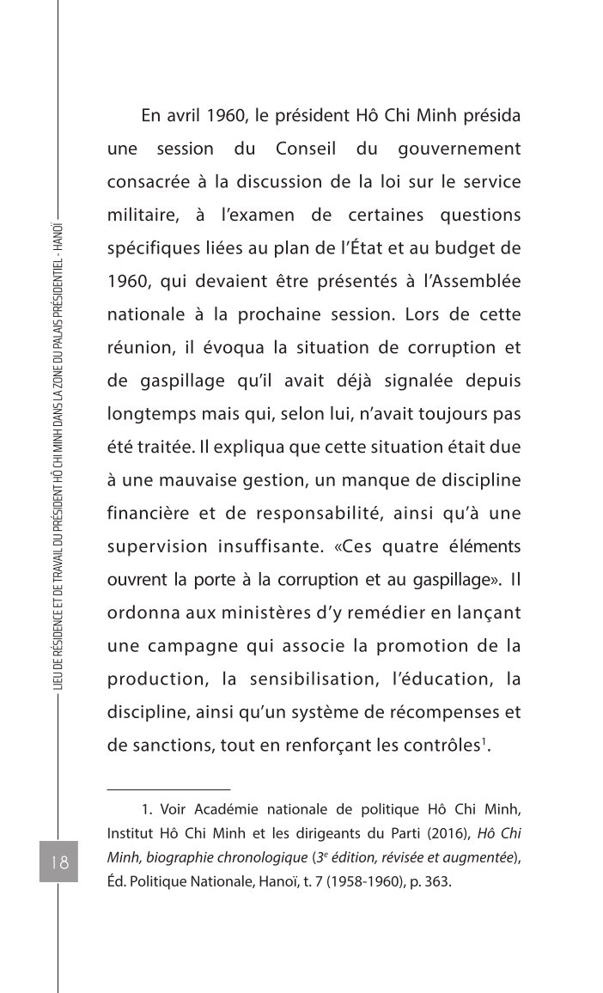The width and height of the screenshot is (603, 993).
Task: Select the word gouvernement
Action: [460, 149]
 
